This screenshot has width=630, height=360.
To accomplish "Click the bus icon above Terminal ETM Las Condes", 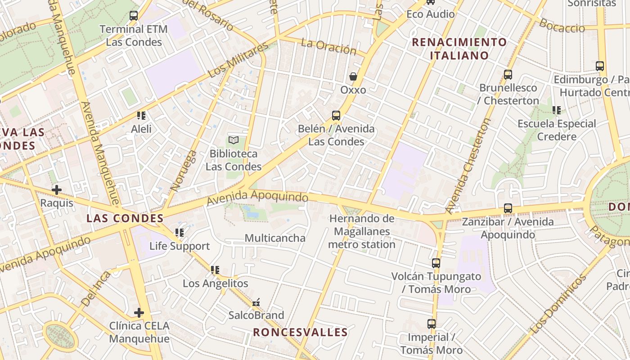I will coord(134,16).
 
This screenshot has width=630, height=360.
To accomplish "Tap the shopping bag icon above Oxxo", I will coord(353,76).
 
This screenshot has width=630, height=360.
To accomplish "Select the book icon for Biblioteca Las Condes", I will coord(233,140).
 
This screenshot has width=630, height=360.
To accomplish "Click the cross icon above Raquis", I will coord(57,190).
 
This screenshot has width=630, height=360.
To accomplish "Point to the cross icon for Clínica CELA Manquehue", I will coord(139,312).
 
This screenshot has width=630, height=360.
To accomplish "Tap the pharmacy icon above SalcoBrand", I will coord(256,302).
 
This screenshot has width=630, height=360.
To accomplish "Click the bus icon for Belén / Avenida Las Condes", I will coord(336,116).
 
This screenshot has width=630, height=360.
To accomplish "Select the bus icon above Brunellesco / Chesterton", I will coord(508,75).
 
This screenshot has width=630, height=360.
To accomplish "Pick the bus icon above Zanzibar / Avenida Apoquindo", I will coord(508,208).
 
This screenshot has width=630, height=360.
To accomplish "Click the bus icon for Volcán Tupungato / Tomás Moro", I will coord(436,263).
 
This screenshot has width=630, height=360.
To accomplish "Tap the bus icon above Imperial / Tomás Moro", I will coord(432,324).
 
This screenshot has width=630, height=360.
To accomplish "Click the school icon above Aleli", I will coord(141,116).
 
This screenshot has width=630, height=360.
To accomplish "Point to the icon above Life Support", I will coord(180,233).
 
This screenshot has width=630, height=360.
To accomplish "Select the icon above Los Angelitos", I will coord(215,270).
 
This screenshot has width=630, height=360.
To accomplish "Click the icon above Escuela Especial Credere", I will coord(557,110).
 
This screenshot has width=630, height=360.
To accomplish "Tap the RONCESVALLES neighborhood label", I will coord(300,333).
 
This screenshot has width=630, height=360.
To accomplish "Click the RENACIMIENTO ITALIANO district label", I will coord(459,49).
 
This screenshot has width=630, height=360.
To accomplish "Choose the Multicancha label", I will coord(275,238).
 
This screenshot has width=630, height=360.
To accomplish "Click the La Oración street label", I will coord(328,46).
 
